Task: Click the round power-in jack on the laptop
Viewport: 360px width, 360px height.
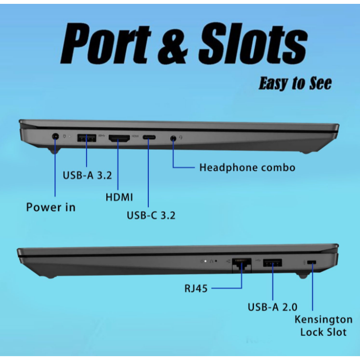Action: [55, 137]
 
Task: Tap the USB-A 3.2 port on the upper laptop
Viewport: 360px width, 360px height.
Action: [87, 138]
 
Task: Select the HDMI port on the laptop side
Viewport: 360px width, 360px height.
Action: [119, 138]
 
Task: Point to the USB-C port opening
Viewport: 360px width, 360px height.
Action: [149, 137]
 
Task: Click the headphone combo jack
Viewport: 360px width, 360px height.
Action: [174, 139]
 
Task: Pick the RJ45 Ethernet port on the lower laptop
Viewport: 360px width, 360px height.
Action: [242, 265]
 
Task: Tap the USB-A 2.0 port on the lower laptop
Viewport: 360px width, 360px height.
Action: [272, 262]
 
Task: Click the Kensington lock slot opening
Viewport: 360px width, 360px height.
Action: [312, 262]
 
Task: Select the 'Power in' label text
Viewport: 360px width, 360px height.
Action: [51, 207]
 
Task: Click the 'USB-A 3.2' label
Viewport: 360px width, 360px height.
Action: [87, 175]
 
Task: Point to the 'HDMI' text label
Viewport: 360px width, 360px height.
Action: [119, 197]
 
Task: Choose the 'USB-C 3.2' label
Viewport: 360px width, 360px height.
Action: [151, 215]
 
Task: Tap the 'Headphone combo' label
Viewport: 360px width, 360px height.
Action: [247, 167]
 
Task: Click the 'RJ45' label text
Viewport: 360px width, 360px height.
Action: [196, 289]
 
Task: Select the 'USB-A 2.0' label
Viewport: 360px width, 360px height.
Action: [272, 307]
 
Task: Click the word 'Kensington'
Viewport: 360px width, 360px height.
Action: [323, 320]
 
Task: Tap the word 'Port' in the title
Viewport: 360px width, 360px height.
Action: [105, 43]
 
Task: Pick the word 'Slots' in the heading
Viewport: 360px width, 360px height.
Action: [253, 43]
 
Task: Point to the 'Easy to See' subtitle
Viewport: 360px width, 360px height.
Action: [295, 83]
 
